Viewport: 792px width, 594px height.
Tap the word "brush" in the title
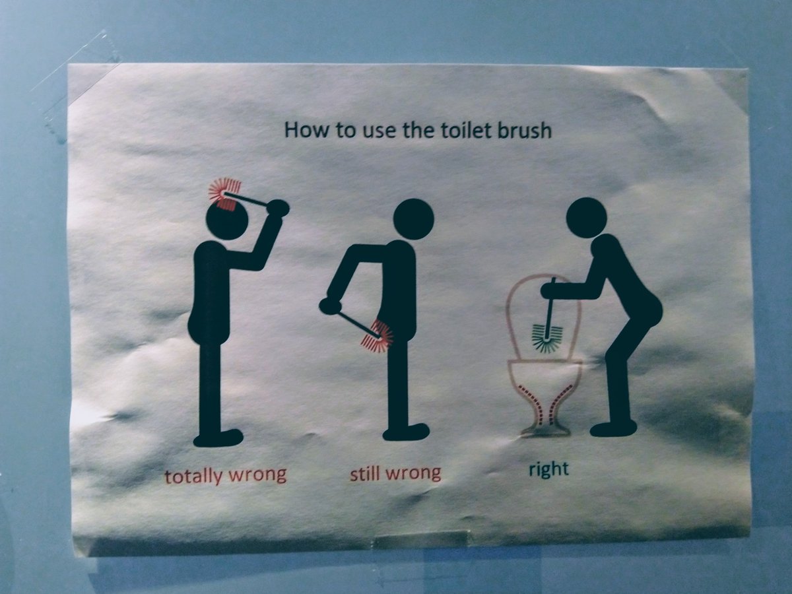(x=525, y=130)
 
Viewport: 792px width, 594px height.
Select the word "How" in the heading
(x=307, y=130)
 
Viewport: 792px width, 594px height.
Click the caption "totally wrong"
(x=226, y=476)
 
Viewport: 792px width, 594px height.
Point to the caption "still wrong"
(x=395, y=473)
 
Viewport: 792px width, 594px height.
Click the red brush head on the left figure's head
(x=225, y=193)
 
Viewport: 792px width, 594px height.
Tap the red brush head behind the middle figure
(x=378, y=337)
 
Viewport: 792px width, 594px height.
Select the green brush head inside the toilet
(x=547, y=339)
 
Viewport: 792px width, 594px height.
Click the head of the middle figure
(x=414, y=219)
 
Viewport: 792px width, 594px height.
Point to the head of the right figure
(x=586, y=218)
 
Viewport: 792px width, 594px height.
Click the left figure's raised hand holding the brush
(x=278, y=208)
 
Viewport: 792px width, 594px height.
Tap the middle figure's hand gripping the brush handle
(x=330, y=306)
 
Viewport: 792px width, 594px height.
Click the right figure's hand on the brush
(x=550, y=290)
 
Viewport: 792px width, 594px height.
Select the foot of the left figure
(x=218, y=438)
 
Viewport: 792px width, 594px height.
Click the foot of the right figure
(x=613, y=428)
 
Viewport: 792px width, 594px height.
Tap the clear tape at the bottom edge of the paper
(x=422, y=539)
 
